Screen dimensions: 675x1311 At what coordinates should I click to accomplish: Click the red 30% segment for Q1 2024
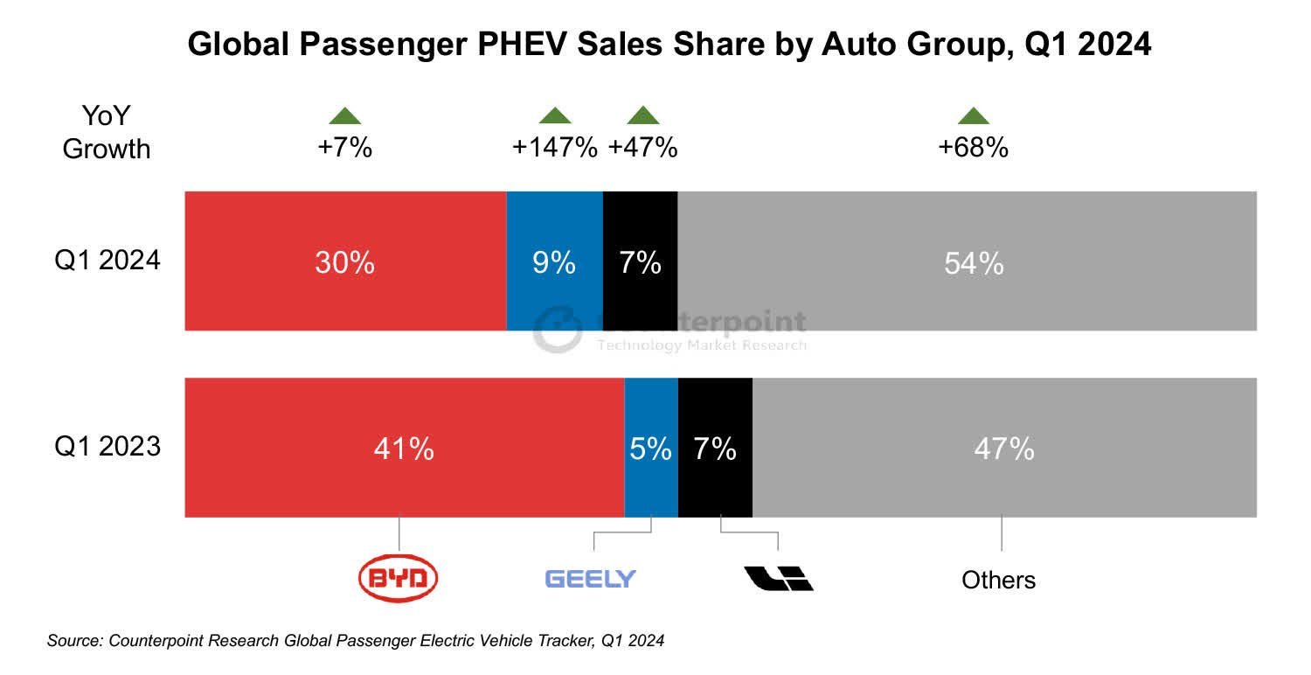[345, 261]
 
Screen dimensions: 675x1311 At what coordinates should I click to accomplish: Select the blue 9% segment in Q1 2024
[554, 261]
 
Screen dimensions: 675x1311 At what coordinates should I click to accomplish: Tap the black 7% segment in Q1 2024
[640, 261]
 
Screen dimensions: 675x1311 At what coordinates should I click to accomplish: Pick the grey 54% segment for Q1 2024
[967, 261]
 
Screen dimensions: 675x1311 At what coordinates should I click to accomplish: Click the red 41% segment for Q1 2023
[404, 448]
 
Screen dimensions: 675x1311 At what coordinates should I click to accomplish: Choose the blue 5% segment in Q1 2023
[651, 448]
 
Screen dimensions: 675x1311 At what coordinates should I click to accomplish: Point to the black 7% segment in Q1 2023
[715, 448]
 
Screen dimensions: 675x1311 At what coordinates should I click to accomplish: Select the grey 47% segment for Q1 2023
[1004, 448]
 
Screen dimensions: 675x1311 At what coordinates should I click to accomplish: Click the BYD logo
[399, 578]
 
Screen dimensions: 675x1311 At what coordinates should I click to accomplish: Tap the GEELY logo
[591, 578]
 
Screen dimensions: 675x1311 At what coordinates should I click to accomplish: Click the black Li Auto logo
[778, 578]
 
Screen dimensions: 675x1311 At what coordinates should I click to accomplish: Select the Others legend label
[998, 580]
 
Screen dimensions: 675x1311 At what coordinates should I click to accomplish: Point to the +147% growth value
[554, 148]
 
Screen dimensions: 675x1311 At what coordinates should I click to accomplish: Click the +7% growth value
[344, 148]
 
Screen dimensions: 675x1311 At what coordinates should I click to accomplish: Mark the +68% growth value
[973, 148]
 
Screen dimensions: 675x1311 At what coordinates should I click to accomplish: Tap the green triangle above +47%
[643, 115]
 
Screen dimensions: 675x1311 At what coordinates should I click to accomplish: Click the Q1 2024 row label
[108, 260]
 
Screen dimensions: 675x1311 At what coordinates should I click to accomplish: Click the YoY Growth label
[107, 132]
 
